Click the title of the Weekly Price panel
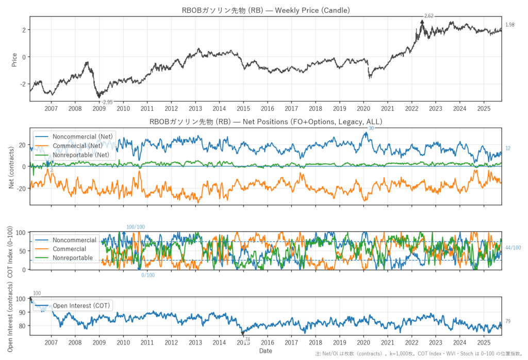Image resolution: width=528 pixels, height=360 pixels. coord(266,10)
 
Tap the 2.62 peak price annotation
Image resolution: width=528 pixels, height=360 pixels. coord(428,16)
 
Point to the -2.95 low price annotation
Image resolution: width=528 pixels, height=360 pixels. coord(107,102)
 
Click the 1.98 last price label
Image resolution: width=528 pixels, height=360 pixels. coord(510,25)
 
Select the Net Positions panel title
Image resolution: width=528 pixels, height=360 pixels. coord(266,122)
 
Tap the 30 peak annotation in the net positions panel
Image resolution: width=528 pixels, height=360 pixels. coord(371,128)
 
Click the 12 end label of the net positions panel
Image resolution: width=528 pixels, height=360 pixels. coord(508,149)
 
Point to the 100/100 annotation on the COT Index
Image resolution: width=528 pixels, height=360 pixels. coord(136,227)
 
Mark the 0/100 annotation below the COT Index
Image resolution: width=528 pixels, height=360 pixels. coord(148,276)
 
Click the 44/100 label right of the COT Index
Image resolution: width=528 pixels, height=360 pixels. coord(513,248)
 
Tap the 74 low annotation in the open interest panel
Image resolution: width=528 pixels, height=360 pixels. coord(247,339)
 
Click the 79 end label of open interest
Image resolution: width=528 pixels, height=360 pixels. coord(508,321)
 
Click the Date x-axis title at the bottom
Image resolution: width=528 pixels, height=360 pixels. coord(266,351)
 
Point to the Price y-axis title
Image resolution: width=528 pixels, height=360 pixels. coord(14,59)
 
